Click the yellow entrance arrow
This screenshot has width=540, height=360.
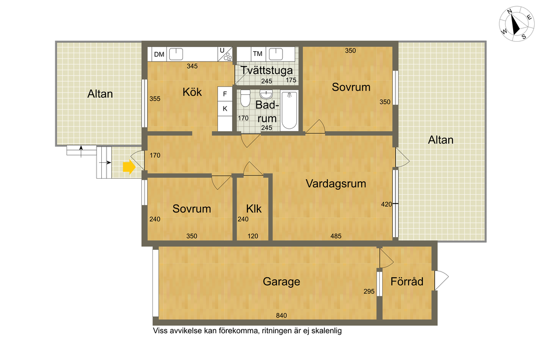(x=129, y=167)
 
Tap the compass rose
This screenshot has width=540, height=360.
(x=517, y=23)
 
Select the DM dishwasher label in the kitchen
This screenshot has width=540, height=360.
(x=159, y=54)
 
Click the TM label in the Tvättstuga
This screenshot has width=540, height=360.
(x=257, y=54)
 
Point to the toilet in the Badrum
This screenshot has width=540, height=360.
(x=245, y=98)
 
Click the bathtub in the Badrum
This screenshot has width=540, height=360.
(x=290, y=111)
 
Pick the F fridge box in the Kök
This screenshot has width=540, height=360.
(x=225, y=94)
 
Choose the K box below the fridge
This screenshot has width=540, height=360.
(x=225, y=109)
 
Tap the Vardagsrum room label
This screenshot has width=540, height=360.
(x=336, y=184)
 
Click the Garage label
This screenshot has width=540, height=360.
(x=282, y=281)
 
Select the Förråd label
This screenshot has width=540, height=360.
(x=407, y=281)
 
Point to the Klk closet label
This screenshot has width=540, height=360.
(x=254, y=209)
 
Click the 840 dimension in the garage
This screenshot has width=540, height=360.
(x=282, y=315)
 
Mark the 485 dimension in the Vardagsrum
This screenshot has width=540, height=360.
(x=336, y=236)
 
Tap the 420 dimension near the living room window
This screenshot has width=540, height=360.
(x=387, y=205)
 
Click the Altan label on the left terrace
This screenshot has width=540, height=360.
(x=100, y=94)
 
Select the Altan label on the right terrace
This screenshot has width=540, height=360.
(x=440, y=140)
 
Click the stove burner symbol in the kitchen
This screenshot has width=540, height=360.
(x=228, y=57)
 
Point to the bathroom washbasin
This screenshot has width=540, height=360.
(x=266, y=94)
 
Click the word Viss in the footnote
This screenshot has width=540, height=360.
(x=160, y=330)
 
